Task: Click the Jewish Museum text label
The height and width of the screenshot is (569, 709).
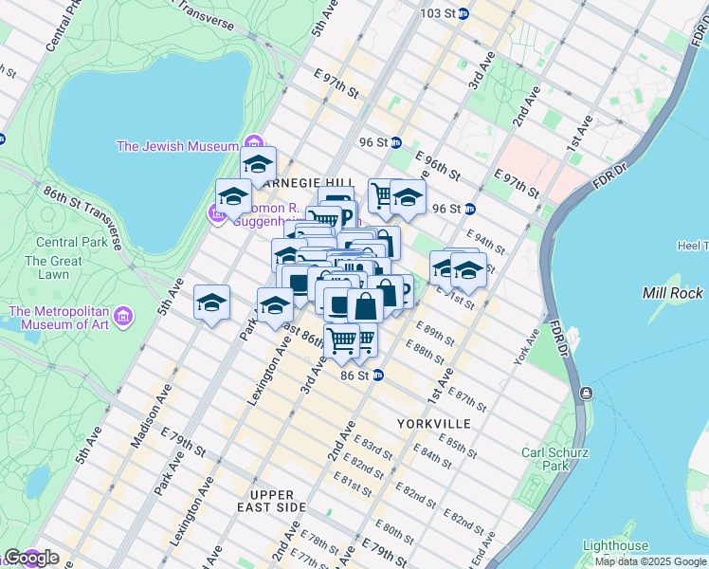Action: click(x=176, y=146)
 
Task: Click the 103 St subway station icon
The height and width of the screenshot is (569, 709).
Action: click(x=463, y=14)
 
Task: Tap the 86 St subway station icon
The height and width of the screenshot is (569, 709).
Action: click(x=377, y=376)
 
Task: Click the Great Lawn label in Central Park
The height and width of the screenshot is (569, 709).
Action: click(x=53, y=267)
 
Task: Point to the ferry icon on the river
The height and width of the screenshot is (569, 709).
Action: click(x=587, y=393)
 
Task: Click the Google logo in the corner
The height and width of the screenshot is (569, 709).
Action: click(x=31, y=558)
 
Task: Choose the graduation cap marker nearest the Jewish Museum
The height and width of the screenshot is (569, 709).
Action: click(x=258, y=164)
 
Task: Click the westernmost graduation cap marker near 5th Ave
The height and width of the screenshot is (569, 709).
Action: click(x=212, y=303)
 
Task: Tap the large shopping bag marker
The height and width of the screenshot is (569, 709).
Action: click(x=365, y=306)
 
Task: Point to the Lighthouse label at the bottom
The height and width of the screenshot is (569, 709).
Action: click(x=615, y=546)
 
